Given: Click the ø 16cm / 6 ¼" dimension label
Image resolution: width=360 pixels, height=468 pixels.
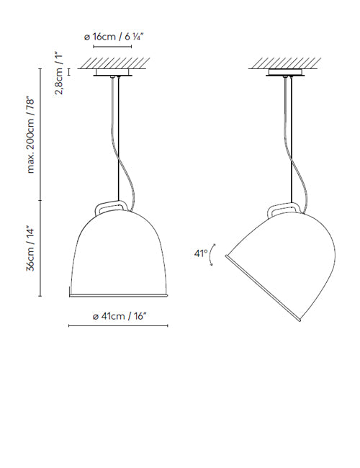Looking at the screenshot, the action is coord(114,37).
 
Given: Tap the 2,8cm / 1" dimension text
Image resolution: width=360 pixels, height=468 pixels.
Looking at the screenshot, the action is coord(59,73).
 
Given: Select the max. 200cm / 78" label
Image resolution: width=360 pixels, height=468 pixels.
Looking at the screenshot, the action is coord(31,135).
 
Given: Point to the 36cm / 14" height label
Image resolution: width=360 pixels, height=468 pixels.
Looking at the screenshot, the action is coord(30,250).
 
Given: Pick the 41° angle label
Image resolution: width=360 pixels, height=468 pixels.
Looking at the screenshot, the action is coord(201,253).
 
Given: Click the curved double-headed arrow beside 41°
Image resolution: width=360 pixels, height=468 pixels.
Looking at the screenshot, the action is coord(212,255).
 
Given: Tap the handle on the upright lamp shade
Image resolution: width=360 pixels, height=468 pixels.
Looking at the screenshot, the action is coord(110,206).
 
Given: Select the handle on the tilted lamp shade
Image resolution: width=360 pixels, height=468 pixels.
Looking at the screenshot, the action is coord(283,208).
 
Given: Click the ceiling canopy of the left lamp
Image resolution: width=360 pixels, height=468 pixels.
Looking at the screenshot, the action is coord(112,73).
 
